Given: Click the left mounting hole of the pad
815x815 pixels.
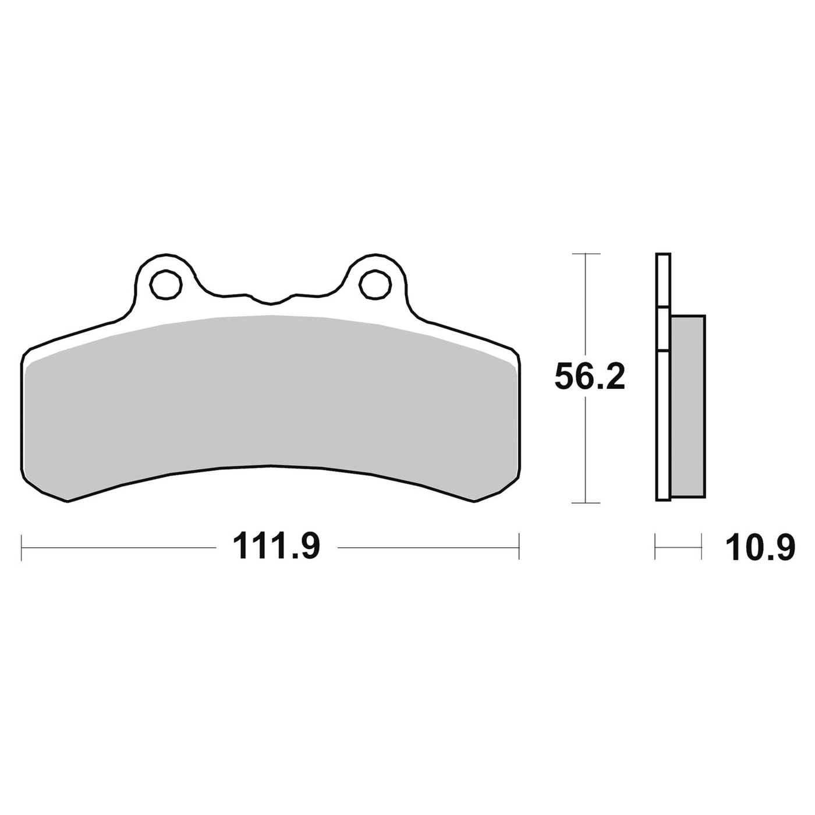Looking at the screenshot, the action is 166,284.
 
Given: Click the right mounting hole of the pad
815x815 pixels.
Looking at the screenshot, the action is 375,284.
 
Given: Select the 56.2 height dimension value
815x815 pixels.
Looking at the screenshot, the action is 590,376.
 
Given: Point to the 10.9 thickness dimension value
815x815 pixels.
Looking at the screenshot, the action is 760,547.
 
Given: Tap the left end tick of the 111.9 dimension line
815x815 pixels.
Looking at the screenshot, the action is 21,547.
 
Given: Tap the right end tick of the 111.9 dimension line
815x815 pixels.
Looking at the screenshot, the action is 519,547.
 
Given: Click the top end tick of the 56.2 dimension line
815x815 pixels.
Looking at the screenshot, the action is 586,254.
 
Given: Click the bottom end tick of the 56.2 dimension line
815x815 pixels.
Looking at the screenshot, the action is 586,504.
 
